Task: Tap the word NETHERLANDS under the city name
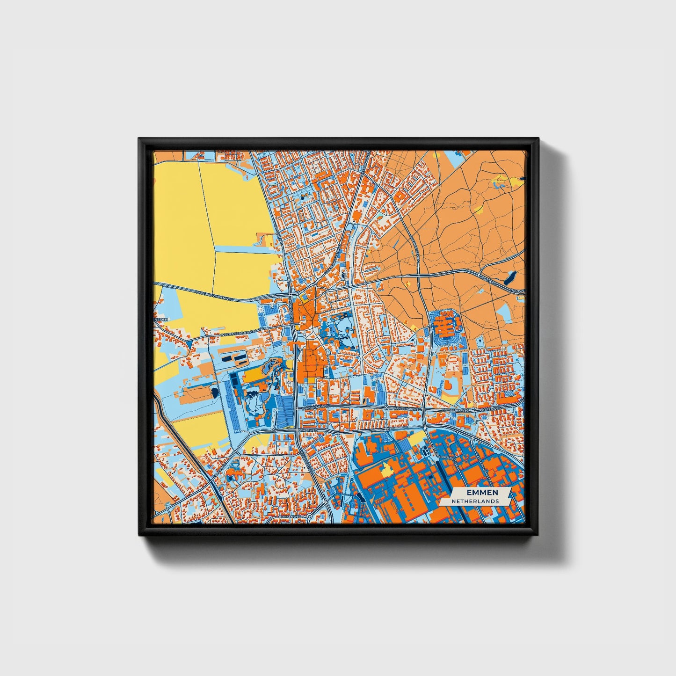(x=475, y=501)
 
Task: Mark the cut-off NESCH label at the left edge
(x=160, y=320)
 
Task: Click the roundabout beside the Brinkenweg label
(x=310, y=516)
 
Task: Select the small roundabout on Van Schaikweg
(x=386, y=408)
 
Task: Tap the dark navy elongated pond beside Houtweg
(x=509, y=279)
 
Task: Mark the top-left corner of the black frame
(x=139, y=139)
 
